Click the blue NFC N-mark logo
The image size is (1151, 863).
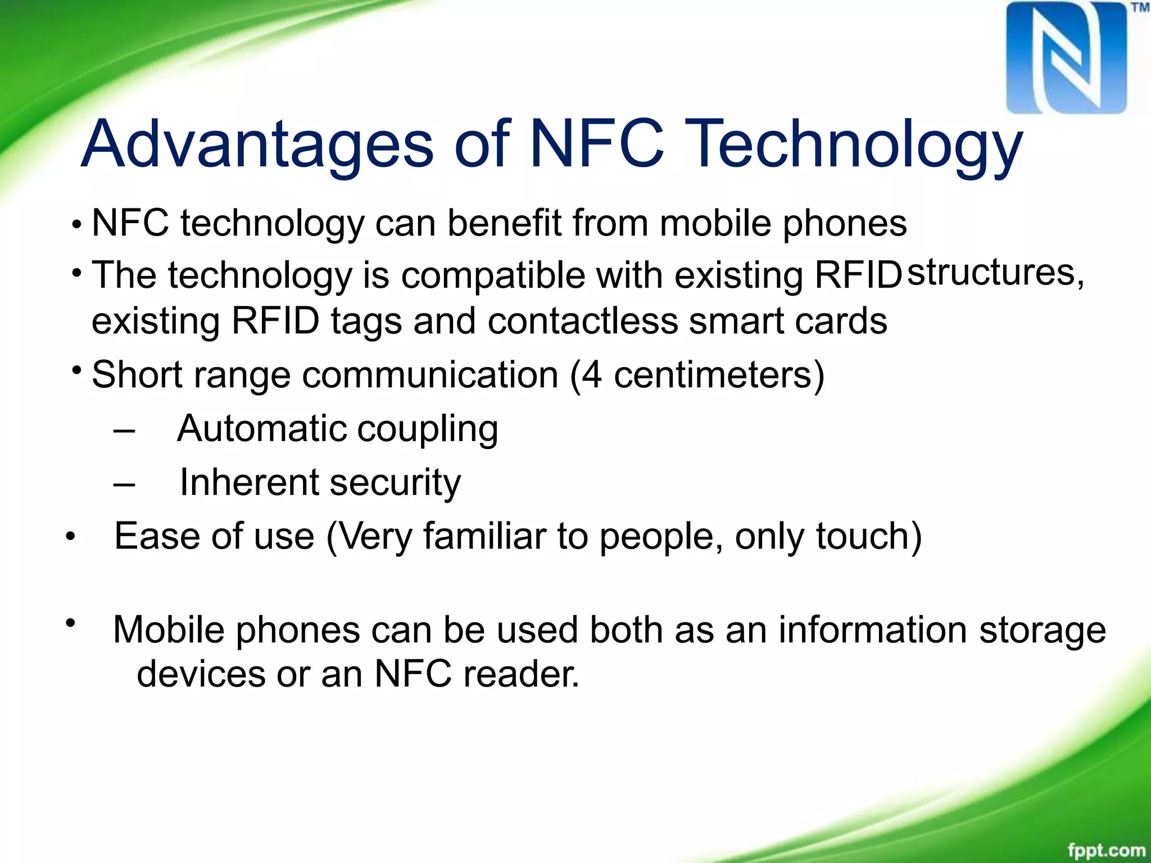click(1066, 57)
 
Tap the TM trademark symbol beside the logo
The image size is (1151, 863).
click(1140, 8)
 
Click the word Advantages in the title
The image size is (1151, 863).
click(257, 144)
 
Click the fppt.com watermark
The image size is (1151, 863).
click(1106, 850)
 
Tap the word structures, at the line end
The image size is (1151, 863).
click(995, 273)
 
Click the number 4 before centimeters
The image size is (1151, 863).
click(591, 375)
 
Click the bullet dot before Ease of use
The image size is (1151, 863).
click(70, 537)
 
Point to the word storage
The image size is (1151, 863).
click(1042, 630)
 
